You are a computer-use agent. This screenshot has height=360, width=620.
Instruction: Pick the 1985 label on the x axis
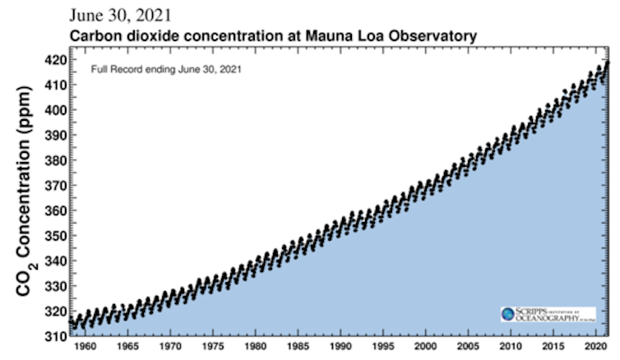298,347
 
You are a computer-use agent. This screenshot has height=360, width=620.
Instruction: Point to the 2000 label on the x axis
425,347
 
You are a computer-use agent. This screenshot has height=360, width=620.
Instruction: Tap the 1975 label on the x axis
213,347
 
